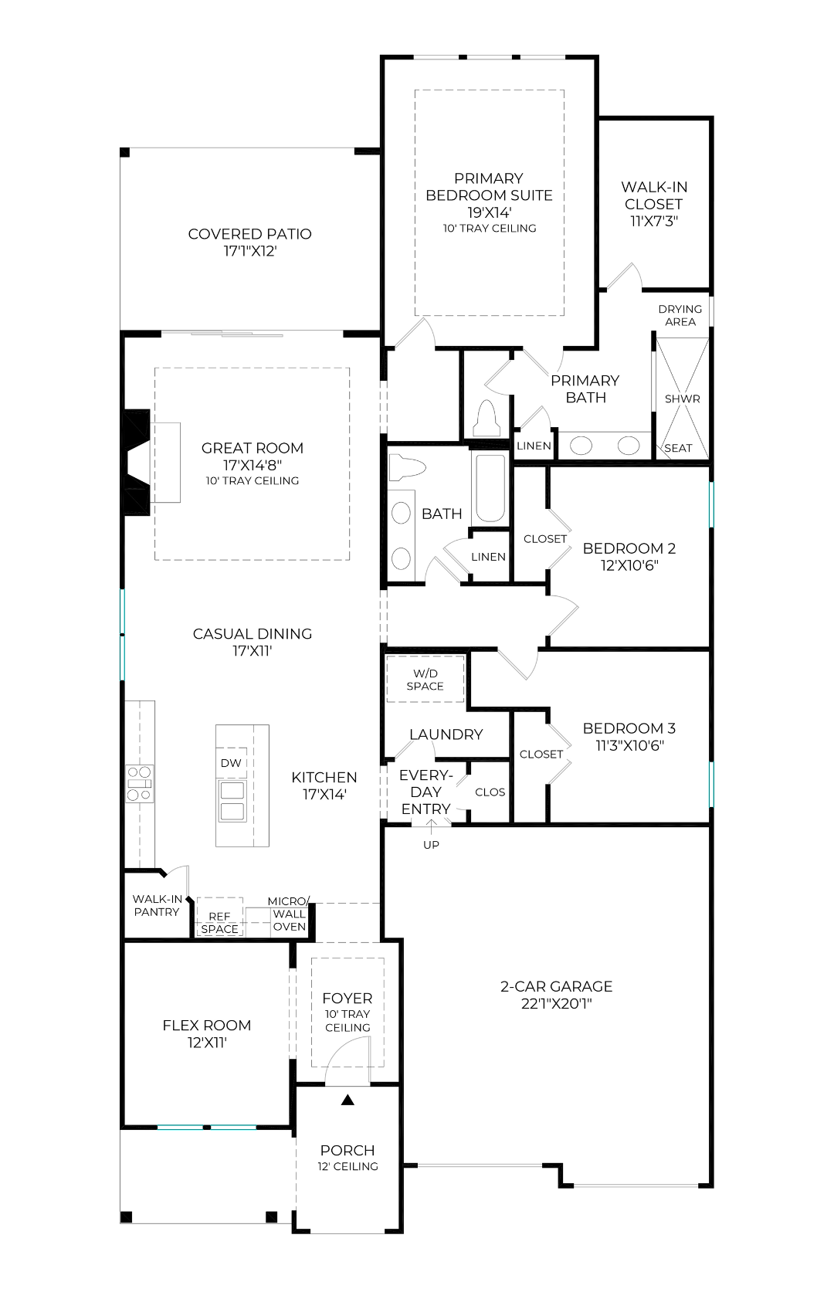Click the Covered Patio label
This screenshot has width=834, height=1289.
point(249,234)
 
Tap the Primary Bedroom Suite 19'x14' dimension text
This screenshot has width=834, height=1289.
point(490,212)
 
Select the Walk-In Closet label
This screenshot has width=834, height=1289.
point(654,195)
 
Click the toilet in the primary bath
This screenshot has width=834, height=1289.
point(487,419)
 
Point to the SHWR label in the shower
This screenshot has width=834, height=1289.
point(682,399)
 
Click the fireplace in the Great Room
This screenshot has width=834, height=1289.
point(137,462)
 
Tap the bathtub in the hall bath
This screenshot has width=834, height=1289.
point(490,487)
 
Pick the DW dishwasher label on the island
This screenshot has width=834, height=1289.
point(231,763)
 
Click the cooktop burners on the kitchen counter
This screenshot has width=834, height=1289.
point(140,784)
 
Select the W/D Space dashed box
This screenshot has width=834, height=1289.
point(425,679)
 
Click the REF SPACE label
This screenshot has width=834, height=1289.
point(219,922)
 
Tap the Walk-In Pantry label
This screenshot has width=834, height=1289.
point(157,905)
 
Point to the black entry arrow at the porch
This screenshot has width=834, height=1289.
point(347,1101)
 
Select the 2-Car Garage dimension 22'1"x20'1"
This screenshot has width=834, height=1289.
point(557,1004)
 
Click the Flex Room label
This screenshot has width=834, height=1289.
point(207,1026)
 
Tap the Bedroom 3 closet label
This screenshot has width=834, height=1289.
point(541,754)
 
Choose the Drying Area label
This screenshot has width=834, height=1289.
point(680,315)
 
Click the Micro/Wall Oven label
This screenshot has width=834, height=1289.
point(289,914)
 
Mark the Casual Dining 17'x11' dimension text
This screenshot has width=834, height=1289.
point(252,651)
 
